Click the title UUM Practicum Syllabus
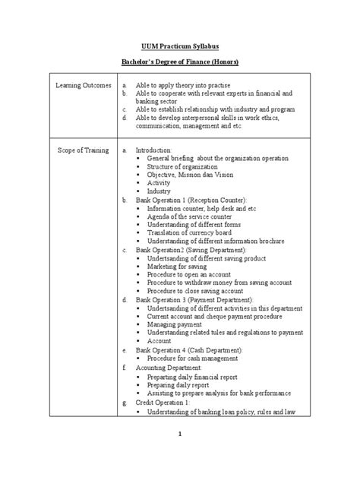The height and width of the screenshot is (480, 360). point(179,46)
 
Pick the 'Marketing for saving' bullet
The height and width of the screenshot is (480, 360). point(179,266)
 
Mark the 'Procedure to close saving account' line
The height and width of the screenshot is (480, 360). point(195,291)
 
